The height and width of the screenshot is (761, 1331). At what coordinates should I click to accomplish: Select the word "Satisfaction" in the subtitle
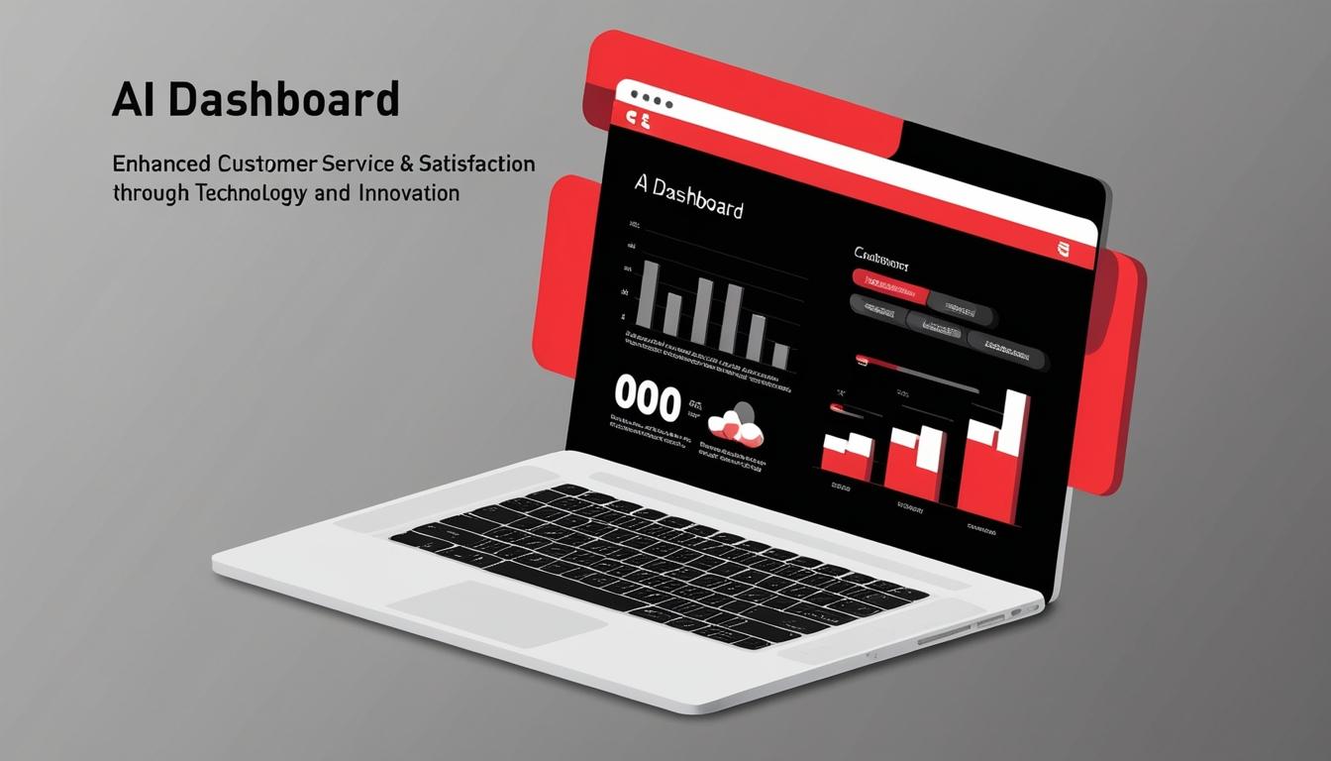click(476, 163)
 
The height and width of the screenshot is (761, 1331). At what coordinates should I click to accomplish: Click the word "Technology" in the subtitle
click(251, 192)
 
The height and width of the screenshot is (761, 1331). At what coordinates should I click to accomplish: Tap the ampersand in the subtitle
click(404, 163)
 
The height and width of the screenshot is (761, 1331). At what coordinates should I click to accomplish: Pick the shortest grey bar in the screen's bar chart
click(780, 356)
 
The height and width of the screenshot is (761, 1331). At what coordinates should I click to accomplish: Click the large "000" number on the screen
click(648, 400)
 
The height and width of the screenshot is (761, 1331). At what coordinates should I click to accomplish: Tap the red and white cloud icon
click(734, 423)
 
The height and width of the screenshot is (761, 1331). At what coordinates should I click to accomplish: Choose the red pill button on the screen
click(889, 287)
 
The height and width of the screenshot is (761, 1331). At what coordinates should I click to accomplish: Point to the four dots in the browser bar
click(651, 100)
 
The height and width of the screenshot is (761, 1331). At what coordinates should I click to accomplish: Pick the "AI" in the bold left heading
click(130, 101)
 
